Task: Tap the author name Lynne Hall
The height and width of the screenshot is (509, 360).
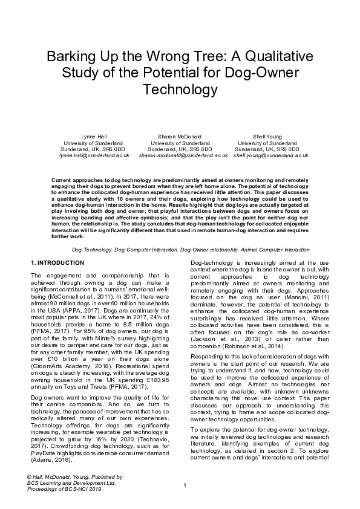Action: (x=93, y=137)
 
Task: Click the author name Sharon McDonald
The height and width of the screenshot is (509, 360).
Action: (x=180, y=137)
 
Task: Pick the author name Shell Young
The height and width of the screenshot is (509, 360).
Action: (x=266, y=137)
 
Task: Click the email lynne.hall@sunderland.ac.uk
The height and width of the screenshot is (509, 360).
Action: (x=94, y=155)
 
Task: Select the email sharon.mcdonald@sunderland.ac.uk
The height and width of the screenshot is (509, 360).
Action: (x=183, y=155)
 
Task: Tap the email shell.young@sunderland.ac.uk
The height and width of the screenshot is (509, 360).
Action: (x=271, y=155)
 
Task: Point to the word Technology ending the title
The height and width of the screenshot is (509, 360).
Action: (x=179, y=91)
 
